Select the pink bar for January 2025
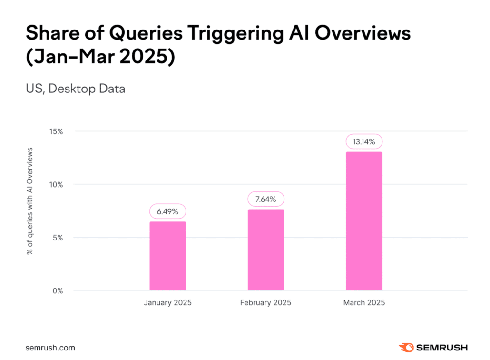pos(167,256)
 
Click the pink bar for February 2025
pos(265,250)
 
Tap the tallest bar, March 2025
pos(364,221)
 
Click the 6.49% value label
pos(167,211)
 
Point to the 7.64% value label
pos(265,199)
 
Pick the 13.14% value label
pos(364,141)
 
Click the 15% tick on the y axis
pos(56,131)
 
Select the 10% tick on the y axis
pos(56,184)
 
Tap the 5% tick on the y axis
pos(58,238)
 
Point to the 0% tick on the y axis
pos(58,290)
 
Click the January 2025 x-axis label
pos(167,303)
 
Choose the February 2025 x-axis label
pos(265,303)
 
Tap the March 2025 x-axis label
pos(364,303)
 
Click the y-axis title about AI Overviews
pos(30,200)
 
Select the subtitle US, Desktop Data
pos(75,89)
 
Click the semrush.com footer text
pos(50,348)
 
